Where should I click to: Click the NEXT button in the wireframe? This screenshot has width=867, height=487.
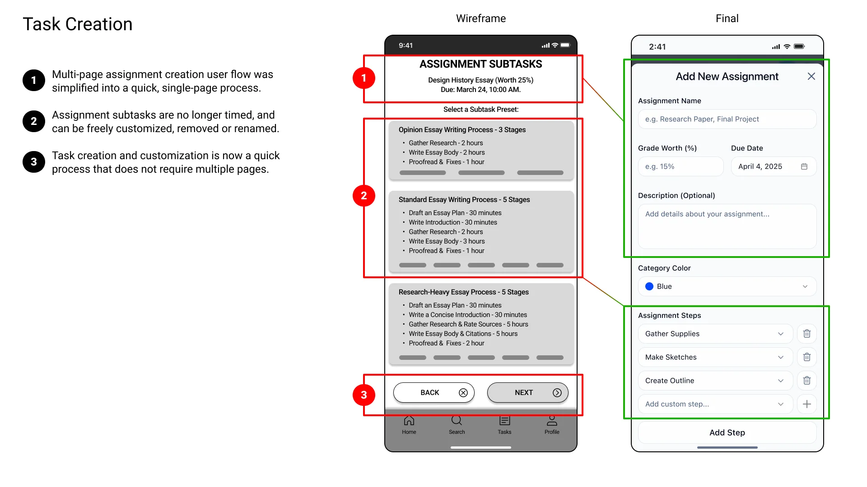click(527, 393)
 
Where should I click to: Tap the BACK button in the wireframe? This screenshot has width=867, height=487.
click(433, 393)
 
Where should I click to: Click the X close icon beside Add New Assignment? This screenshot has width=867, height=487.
click(811, 77)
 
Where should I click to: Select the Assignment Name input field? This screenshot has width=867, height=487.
click(727, 119)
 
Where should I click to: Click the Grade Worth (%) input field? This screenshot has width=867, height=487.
click(681, 166)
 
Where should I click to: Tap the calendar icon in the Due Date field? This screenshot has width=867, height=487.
click(804, 166)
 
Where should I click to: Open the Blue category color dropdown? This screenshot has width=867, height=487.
click(727, 286)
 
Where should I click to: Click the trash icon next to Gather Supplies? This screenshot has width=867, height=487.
click(806, 334)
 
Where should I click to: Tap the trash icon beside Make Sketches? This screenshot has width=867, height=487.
click(806, 357)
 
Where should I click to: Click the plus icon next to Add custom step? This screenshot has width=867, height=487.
click(806, 404)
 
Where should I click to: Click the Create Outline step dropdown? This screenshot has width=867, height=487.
click(715, 381)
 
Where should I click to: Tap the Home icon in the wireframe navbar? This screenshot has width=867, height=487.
click(409, 421)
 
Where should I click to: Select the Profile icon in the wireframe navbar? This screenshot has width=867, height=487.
click(552, 421)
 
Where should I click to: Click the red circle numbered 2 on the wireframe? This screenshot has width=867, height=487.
click(364, 196)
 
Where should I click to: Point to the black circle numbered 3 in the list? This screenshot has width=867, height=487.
click(34, 162)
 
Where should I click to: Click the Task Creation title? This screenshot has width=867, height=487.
click(78, 24)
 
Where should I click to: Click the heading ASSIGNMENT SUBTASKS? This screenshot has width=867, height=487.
click(480, 64)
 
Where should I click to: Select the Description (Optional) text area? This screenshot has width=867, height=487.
click(727, 226)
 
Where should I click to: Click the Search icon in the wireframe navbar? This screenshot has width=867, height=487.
click(457, 421)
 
